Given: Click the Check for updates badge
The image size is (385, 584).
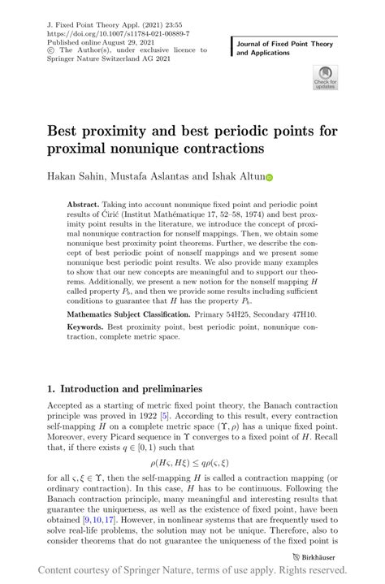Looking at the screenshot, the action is coord(324,78).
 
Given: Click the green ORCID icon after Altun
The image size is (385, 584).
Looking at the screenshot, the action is coord(270,176).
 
